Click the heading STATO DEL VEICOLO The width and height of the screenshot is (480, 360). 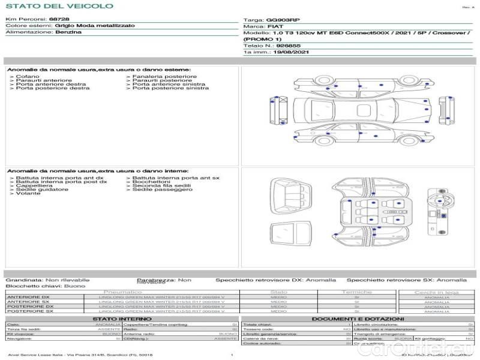(x=59, y=6)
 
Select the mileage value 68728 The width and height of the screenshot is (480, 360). (x=59, y=20)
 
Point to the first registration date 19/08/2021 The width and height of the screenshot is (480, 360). (x=290, y=52)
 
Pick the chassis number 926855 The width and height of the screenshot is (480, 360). (x=288, y=46)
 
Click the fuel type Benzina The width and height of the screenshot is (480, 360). (x=68, y=32)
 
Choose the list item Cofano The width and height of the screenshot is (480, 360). (x=28, y=77)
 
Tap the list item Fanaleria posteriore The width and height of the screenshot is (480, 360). (x=164, y=77)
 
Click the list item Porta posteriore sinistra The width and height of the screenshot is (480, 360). (x=170, y=88)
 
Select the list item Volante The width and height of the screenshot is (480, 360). (x=28, y=194)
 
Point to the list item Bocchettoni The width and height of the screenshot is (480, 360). (x=156, y=182)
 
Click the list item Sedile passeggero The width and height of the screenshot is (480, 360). (x=162, y=190)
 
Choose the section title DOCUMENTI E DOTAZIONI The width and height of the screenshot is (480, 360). (x=357, y=319)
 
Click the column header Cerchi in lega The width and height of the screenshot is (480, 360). (x=436, y=292)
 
